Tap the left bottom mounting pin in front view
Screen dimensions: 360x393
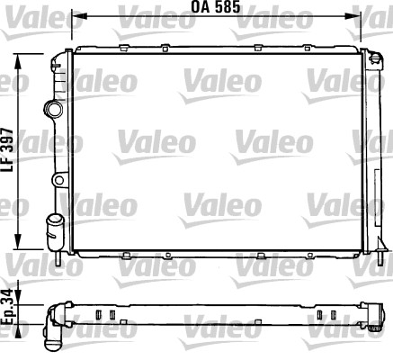(59, 260)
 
